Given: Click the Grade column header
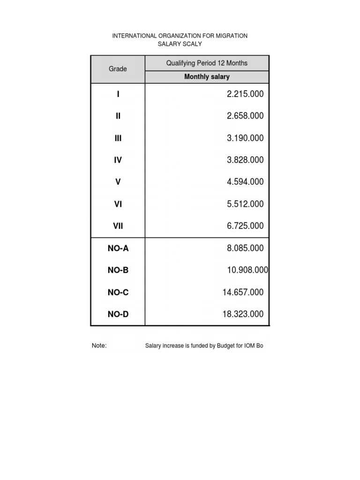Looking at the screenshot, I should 118,69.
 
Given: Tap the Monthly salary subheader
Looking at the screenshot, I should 207,77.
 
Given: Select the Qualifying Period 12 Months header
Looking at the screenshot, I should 207,63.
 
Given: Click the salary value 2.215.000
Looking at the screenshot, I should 245,94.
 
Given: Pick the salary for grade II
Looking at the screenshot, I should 245,116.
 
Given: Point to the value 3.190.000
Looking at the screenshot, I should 245,138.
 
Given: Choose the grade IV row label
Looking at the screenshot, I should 118,160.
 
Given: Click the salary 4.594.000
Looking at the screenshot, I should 245,182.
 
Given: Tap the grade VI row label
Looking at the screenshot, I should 118,204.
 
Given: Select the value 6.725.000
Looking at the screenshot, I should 245,226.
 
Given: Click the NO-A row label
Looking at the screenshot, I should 118,248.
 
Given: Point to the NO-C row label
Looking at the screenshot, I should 118,292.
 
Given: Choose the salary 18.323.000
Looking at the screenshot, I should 243,314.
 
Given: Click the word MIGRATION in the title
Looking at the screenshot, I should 228,36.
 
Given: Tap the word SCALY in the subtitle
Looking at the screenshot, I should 191,44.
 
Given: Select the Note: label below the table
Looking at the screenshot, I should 99,346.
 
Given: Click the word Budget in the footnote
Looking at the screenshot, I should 226,346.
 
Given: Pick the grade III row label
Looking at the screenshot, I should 118,138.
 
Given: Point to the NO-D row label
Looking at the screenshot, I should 118,314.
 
